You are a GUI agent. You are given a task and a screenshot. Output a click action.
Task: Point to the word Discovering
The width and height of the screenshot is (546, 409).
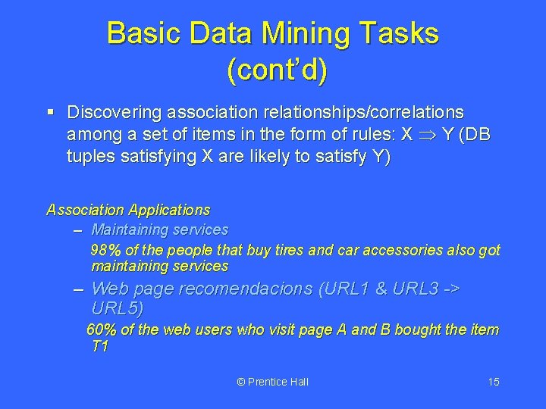[114, 113]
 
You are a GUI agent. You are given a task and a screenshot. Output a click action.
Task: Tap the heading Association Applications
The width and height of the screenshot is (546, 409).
[128, 210]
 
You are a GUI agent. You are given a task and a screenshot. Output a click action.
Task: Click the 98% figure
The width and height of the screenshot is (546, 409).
[105, 250]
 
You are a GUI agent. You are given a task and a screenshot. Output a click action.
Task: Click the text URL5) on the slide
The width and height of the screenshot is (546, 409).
[117, 309]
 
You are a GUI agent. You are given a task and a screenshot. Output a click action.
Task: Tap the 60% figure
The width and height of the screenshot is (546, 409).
[102, 329]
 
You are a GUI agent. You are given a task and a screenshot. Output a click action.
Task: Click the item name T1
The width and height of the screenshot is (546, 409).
[99, 347]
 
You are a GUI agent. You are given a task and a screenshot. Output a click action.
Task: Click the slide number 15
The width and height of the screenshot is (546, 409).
[493, 382]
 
